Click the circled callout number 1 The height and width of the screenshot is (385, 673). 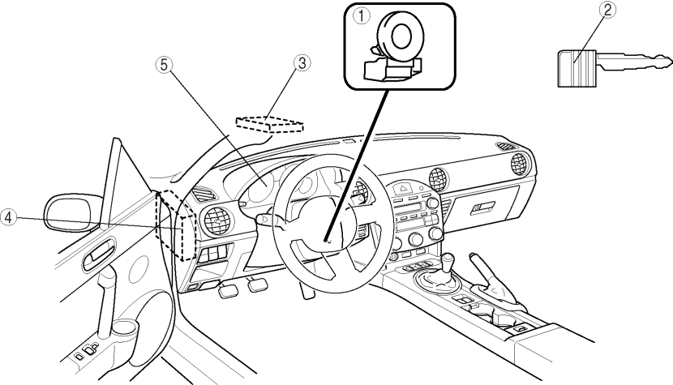361,17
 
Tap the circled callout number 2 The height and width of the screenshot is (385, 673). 607,10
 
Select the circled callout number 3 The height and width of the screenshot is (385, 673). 302,63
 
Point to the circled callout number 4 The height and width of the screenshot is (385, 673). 8,216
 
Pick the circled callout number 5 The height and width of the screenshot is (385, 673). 164,65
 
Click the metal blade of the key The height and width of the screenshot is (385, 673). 634,62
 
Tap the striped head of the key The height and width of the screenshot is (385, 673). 577,69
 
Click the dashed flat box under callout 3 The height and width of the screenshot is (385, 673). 269,124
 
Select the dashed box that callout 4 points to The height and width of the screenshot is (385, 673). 176,225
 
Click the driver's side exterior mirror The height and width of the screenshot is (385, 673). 73,212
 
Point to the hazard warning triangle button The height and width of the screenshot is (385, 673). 404,188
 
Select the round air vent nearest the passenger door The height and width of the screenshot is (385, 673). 521,164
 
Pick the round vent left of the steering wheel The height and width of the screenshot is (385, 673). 217,221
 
